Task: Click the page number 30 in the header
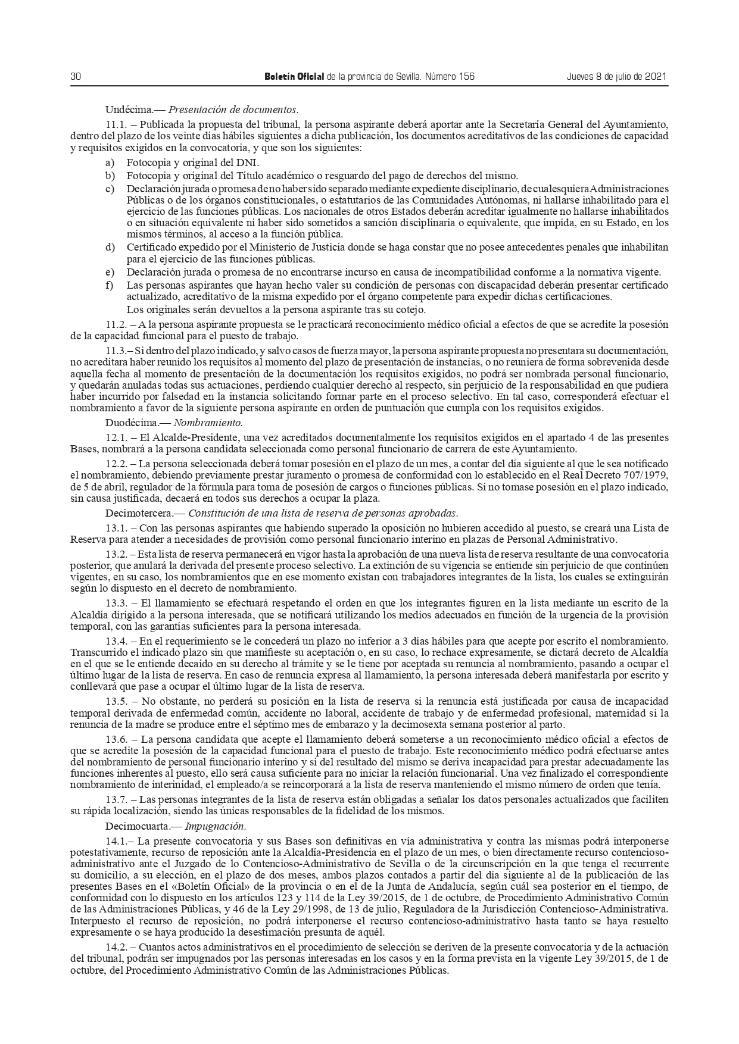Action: pos(76,77)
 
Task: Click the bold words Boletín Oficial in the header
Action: pos(294,77)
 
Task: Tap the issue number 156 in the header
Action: pos(466,77)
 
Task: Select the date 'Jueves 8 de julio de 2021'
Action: pos(616,77)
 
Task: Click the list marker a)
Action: pos(110,162)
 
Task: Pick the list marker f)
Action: pos(110,285)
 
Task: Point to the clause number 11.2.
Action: pos(116,324)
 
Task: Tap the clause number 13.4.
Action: pos(116,642)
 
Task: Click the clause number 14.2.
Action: pos(116,946)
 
